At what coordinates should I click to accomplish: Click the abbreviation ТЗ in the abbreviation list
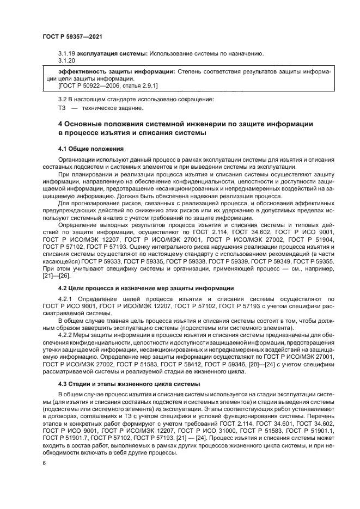point(62,108)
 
